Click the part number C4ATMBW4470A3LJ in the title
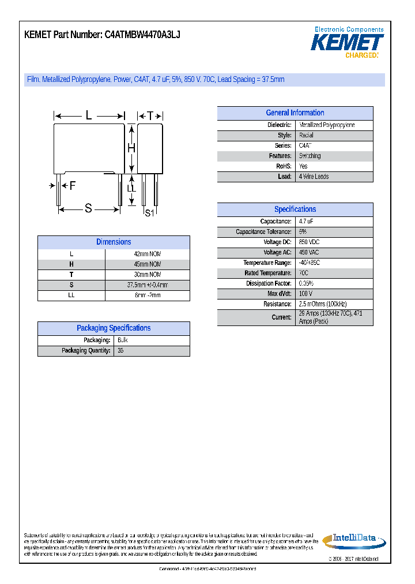pos(142,35)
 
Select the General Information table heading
pos(295,113)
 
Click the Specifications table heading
pos(295,209)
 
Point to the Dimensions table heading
pos(114,242)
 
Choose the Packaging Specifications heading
pos(114,328)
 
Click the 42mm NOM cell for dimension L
pos(147,254)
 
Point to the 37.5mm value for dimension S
pos(147,285)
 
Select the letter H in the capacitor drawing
pos(131,148)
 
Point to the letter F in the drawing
pos(73,186)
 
